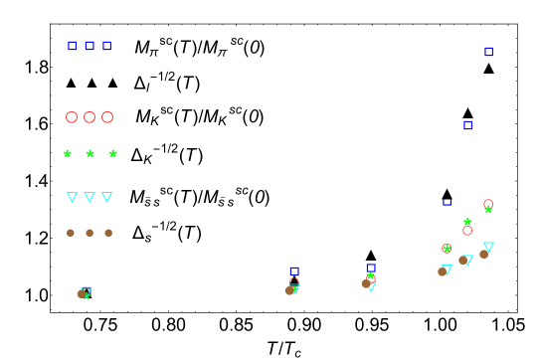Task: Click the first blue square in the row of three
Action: click(x=72, y=46)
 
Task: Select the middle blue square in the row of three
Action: click(x=90, y=46)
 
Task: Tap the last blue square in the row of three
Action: click(x=106, y=46)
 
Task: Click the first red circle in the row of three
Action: click(x=72, y=117)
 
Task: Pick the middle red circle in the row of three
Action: click(x=90, y=117)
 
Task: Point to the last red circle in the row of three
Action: click(x=107, y=117)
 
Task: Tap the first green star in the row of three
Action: click(x=68, y=154)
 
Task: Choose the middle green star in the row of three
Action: click(x=90, y=154)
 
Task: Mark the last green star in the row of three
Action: click(x=112, y=154)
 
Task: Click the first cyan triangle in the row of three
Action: click(x=72, y=197)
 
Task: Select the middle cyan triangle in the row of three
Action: click(x=90, y=197)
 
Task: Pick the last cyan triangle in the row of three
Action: click(x=106, y=197)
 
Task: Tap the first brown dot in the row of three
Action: click(x=71, y=233)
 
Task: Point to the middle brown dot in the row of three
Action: click(x=90, y=233)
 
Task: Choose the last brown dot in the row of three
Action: click(x=108, y=233)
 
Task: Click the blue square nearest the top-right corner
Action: click(x=488, y=52)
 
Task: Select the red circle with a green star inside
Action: click(x=447, y=249)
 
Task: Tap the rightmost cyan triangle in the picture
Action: click(x=488, y=247)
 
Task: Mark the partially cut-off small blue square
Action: click(x=447, y=202)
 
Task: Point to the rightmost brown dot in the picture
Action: click(x=483, y=255)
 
